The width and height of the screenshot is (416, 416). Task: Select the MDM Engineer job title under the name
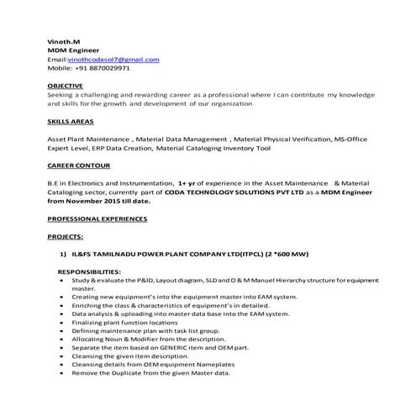pyautogui.click(x=71, y=50)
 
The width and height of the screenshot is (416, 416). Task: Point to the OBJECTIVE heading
pyautogui.click(x=66, y=87)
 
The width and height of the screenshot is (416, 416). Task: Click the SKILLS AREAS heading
pyautogui.click(x=71, y=122)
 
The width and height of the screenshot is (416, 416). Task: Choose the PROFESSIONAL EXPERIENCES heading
pyautogui.click(x=97, y=219)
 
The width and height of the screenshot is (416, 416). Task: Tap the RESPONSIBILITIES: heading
pyautogui.click(x=89, y=271)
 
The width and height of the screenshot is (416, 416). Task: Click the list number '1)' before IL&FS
pyautogui.click(x=62, y=252)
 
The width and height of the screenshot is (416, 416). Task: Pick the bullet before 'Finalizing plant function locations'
pyautogui.click(x=63, y=322)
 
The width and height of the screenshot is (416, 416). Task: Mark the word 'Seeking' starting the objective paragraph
pyautogui.click(x=61, y=95)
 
